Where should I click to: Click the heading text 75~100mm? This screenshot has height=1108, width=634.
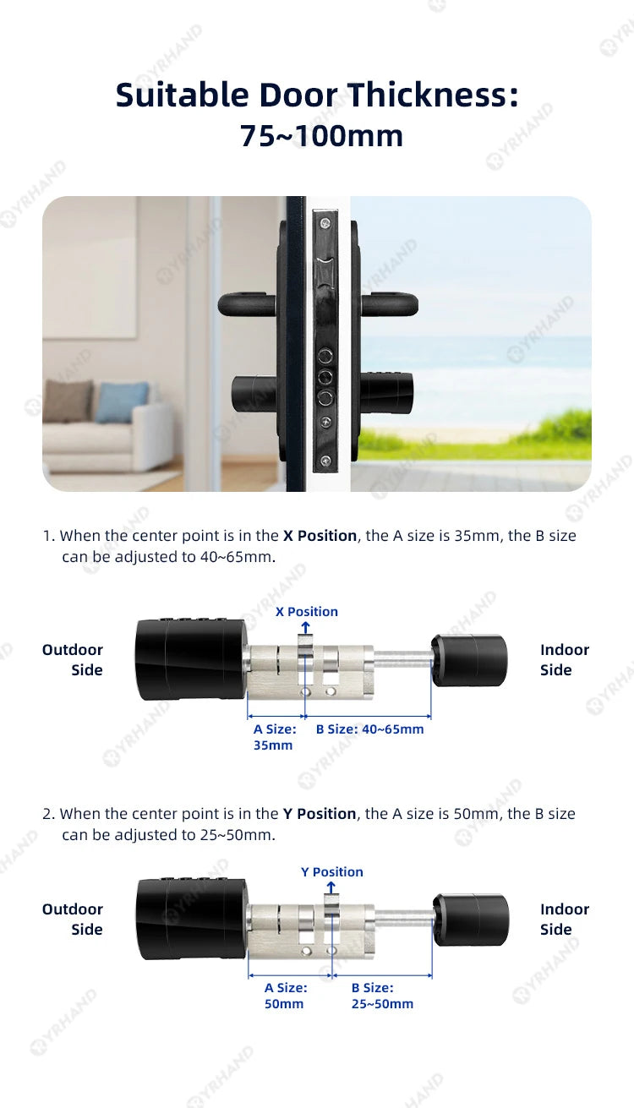321,136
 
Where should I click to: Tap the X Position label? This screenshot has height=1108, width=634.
306,611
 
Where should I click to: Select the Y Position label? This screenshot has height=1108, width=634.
332,871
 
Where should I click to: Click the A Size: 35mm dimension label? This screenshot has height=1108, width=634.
274,737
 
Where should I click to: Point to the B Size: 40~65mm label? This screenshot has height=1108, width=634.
369,729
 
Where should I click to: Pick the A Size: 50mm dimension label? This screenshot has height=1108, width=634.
285,996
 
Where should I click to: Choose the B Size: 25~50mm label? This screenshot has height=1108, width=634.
382,996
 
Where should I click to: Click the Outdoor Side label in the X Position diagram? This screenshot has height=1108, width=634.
73,660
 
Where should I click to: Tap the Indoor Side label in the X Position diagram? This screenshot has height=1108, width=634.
564,660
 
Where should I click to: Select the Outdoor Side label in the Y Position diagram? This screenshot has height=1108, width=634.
73,920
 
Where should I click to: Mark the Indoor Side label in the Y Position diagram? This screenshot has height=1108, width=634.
564,920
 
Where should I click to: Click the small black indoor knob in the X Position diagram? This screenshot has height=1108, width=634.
470,659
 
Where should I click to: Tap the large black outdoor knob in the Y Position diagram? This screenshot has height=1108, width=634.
192,919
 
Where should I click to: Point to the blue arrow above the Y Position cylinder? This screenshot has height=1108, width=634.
331,887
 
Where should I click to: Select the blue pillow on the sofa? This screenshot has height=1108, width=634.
122,401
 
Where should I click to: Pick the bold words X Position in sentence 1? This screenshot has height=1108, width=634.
320,536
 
